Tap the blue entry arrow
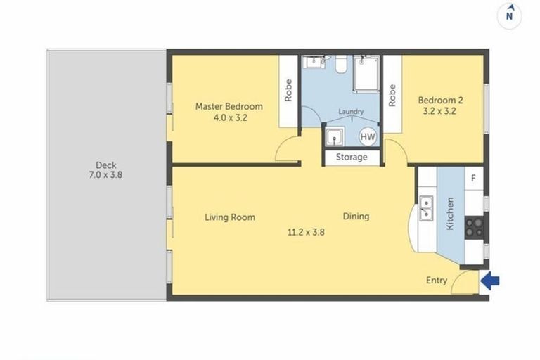(491, 281)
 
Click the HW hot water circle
(367, 136)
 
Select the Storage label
(351, 157)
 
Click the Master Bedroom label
(229, 107)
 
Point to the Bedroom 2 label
(440, 100)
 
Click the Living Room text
(230, 217)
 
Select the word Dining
(356, 217)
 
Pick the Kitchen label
(451, 215)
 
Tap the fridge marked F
(473, 178)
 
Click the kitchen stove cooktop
(475, 226)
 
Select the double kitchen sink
(426, 209)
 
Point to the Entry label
(437, 281)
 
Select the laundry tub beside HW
(335, 136)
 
